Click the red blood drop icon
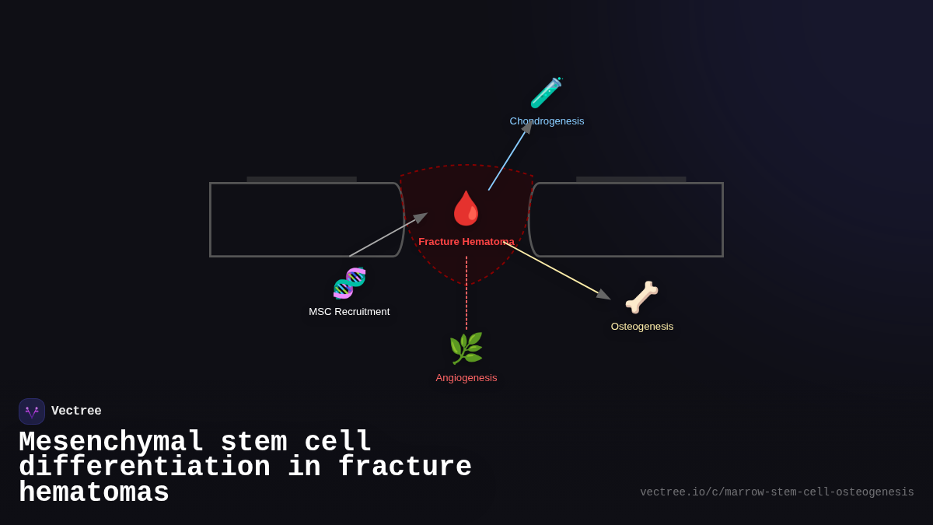tap(466, 208)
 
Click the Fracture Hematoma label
tap(466, 242)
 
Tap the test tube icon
tap(546, 93)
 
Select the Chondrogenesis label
tap(547, 121)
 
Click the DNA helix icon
tap(349, 283)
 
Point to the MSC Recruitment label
tap(349, 312)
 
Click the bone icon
tap(641, 297)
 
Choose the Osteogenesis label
tap(642, 327)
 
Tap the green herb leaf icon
tap(466, 348)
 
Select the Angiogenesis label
tap(466, 378)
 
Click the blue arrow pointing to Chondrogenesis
tap(508, 158)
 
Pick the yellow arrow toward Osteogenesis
tap(556, 271)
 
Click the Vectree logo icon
tap(32, 411)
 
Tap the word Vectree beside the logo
tap(76, 411)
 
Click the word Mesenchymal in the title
tap(110, 443)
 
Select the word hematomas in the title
tap(94, 493)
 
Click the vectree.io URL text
tap(777, 492)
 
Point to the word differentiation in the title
tap(145, 467)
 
